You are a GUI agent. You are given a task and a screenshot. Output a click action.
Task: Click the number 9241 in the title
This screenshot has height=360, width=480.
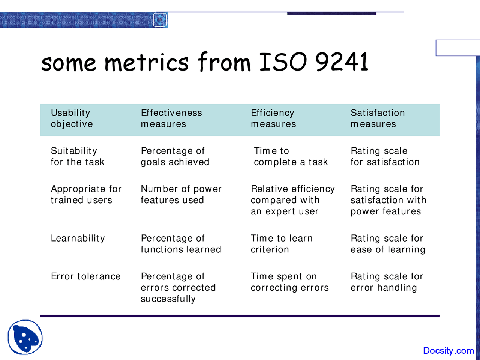(342, 62)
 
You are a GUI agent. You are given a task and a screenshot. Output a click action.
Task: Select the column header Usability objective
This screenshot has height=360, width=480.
(72, 118)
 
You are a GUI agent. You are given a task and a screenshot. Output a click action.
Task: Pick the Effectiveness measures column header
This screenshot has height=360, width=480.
(171, 118)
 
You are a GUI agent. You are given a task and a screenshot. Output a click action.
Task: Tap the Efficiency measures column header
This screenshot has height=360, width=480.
(273, 118)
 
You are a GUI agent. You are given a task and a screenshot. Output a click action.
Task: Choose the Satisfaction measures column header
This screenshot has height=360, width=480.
(377, 118)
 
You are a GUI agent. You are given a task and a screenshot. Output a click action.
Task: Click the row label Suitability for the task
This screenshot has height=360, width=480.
(77, 156)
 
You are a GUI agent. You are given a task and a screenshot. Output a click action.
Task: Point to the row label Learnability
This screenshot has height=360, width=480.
(78, 238)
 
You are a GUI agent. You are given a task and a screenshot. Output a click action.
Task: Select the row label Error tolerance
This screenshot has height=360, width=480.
(85, 276)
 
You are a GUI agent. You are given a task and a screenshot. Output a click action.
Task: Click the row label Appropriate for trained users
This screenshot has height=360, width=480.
(86, 195)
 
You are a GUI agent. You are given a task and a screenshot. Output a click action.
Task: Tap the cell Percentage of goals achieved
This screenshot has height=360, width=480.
(175, 156)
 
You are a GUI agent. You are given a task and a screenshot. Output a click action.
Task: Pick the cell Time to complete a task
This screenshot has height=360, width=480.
(291, 156)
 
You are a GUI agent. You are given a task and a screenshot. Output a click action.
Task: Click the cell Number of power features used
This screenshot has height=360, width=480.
(181, 195)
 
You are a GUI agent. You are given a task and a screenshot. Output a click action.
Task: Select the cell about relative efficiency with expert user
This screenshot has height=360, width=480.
(292, 200)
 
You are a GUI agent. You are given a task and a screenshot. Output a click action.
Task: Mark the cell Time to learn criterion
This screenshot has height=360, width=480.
(281, 244)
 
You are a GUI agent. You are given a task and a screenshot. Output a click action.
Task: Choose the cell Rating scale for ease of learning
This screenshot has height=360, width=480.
(387, 244)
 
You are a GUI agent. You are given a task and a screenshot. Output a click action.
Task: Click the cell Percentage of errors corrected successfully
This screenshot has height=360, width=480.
(178, 288)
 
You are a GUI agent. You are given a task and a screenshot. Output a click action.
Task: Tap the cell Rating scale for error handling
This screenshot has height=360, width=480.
(387, 282)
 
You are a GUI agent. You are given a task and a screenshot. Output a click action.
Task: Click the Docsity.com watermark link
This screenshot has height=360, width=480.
(448, 351)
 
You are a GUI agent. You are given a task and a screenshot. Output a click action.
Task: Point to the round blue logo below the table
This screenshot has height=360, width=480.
(25, 337)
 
